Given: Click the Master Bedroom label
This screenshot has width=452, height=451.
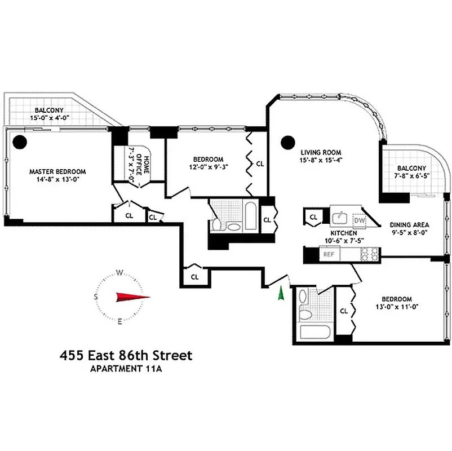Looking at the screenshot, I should pos(57,171).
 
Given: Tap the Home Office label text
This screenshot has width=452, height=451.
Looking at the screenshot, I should pos(141,166).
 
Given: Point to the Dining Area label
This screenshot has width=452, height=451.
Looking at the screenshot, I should pos(410,224).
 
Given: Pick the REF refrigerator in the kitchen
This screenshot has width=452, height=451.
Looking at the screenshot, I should pos(329,255).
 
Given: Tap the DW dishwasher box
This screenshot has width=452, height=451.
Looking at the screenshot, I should pos(360,220).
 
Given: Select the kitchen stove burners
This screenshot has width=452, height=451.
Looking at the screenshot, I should pos(369,255).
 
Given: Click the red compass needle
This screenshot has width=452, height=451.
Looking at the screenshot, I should pos(133,297).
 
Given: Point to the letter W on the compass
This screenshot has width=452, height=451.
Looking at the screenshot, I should pos(120,273).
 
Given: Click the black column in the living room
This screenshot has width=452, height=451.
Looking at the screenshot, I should pos(289,141).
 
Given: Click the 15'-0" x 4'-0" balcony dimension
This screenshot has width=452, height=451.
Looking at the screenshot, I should pos(49,118).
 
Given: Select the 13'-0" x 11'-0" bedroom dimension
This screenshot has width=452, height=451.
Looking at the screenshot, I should pos(396,307).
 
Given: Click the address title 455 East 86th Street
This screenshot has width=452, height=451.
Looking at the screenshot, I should pos(126,356).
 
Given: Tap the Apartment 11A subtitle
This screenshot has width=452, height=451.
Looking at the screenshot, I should pos(126,370).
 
